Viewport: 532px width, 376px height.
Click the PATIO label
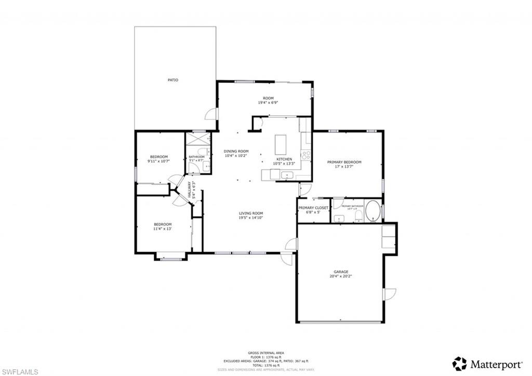[x=172, y=80]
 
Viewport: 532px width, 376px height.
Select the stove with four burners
[x=306, y=154]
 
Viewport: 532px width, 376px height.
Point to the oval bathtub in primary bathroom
[x=373, y=212]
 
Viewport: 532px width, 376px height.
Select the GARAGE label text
[x=341, y=271]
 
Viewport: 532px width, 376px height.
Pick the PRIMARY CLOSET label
[x=313, y=208]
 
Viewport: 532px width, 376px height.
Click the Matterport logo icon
[x=459, y=363]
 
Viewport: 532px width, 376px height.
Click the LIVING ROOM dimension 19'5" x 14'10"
[x=251, y=218]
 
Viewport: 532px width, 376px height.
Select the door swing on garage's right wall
[x=389, y=294]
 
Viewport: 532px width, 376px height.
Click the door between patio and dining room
[x=211, y=114]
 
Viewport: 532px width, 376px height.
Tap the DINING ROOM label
[x=236, y=151]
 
